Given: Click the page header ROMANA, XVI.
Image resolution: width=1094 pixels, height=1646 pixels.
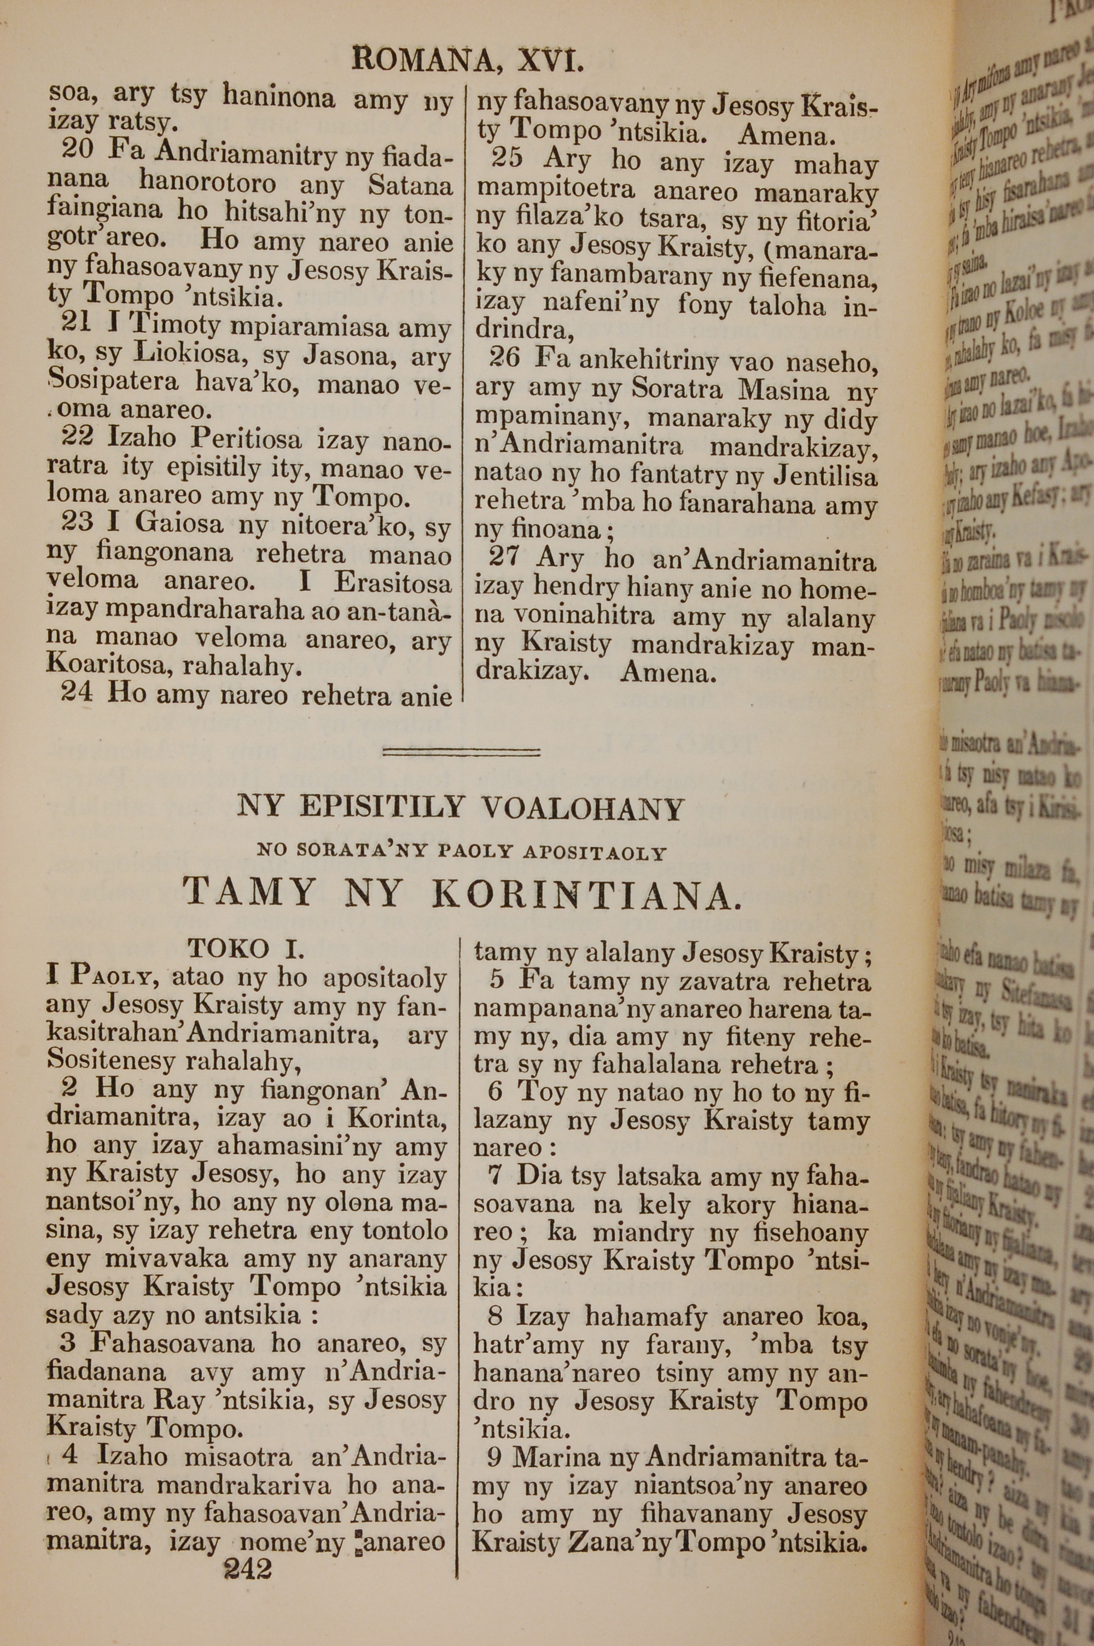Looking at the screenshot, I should point(468,61).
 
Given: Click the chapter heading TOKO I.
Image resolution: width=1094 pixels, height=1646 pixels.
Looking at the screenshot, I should point(246,948).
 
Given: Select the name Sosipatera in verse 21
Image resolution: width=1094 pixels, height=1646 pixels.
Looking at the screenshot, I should point(113,383).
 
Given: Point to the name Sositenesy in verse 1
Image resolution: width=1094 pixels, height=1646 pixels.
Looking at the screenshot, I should point(111,1062).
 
